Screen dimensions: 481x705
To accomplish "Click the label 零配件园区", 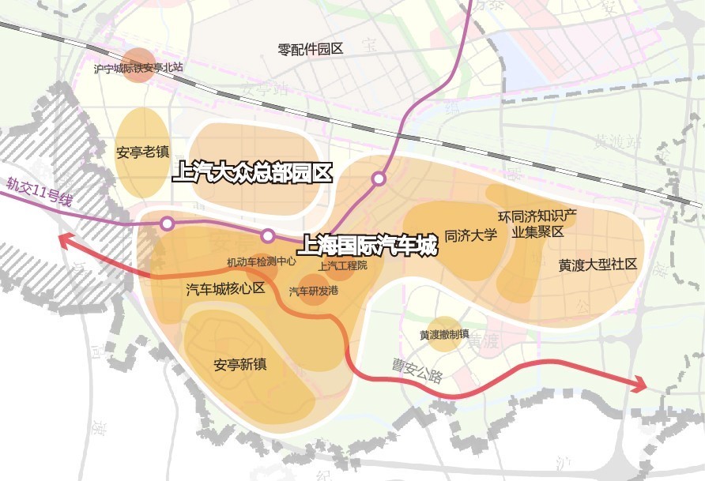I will [311, 49].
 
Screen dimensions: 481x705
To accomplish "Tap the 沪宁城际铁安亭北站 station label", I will [138, 68].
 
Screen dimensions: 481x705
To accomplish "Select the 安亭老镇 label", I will [142, 152].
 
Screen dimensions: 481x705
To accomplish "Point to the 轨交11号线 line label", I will [39, 192].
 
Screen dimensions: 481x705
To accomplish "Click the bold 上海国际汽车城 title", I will [368, 246].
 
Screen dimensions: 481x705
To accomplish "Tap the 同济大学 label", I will [470, 235].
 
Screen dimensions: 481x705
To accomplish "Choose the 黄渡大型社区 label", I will [598, 265].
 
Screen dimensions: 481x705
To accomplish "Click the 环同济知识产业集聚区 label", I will [537, 224].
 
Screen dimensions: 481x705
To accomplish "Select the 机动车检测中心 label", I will [261, 261].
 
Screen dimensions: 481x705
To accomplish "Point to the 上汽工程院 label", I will [342, 265].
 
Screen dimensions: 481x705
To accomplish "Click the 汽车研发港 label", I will [313, 291].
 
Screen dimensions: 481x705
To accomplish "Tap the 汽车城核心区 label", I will [225, 288].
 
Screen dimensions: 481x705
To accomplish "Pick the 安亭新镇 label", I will [240, 365].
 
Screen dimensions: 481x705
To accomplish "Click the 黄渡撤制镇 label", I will [445, 335].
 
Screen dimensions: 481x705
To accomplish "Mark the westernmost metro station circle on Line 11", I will [167, 224].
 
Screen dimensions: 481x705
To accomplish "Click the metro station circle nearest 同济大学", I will [379, 178].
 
